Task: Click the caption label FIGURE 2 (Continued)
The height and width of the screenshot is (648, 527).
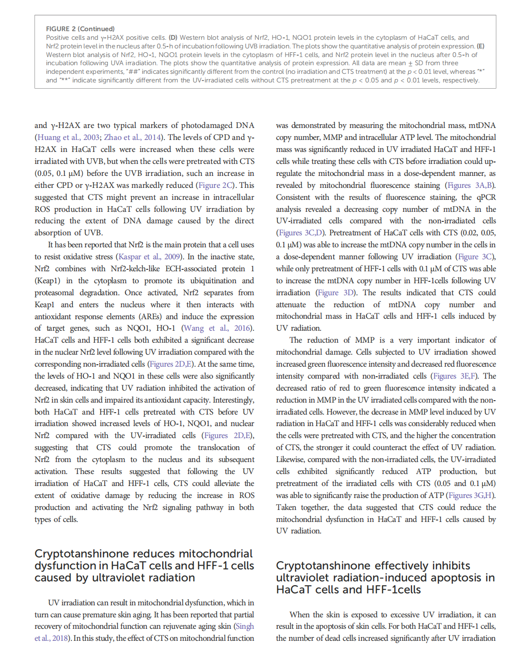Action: pos(80,29)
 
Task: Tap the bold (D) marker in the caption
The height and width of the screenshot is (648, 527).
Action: pos(173,37)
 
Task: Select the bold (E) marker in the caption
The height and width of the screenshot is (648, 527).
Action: pos(480,46)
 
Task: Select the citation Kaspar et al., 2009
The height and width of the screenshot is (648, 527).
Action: pos(150,257)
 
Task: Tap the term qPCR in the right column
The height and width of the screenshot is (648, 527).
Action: pos(485,197)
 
